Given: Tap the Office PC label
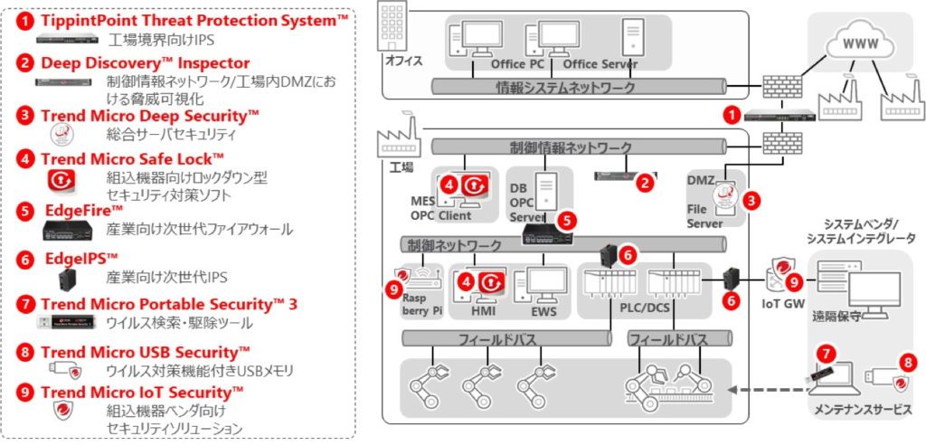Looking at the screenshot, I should click(x=520, y=64).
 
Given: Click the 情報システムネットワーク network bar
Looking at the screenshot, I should click(x=579, y=88).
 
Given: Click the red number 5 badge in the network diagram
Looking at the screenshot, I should click(x=566, y=219).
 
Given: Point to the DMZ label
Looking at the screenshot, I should click(x=700, y=181).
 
